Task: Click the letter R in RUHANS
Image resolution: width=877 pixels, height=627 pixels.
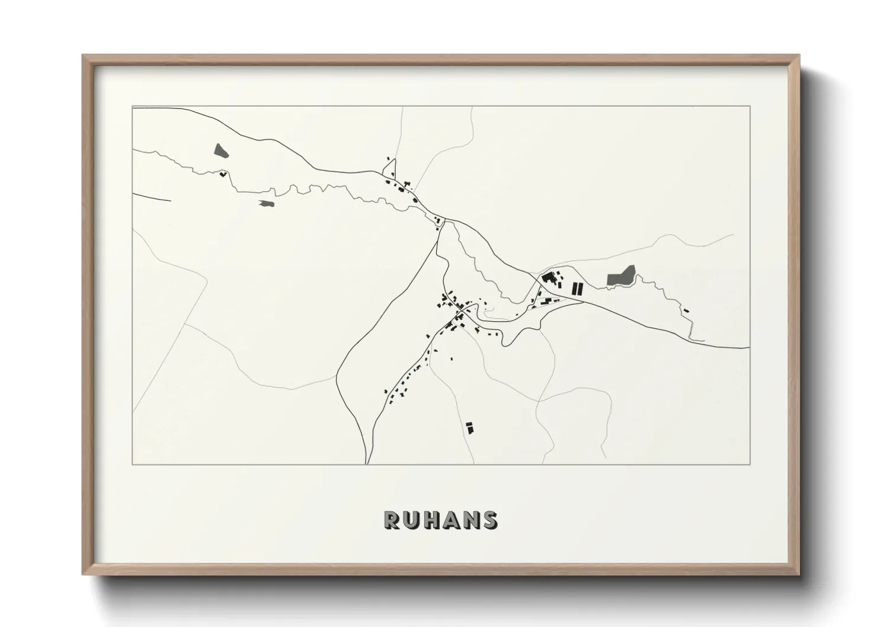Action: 392,520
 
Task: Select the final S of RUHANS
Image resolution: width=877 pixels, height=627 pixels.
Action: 490,520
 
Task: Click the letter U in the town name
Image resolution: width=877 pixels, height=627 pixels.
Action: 411,520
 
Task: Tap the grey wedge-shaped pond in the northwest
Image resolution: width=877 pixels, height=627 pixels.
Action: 220,150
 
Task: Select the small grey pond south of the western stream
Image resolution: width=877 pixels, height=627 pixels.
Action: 266,203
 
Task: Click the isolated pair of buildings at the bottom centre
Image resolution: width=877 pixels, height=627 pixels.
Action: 470,427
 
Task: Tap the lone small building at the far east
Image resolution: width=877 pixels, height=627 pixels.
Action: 686,310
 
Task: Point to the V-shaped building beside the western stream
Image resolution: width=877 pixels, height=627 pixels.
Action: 223,174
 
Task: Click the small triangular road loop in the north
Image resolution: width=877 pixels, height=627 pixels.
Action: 391,171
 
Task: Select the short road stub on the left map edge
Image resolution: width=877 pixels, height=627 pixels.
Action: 151,197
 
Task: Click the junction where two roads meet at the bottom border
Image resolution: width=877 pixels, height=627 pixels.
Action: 367,463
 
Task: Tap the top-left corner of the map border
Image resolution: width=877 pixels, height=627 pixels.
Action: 132,107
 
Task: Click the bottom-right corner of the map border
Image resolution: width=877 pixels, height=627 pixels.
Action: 750,464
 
